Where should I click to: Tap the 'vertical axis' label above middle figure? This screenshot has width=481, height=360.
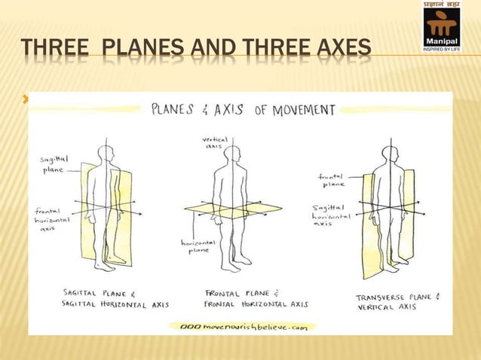coord(215,143)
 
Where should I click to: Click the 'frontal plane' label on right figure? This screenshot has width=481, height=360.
coord(332,179)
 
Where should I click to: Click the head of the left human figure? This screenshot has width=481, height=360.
coord(108,153)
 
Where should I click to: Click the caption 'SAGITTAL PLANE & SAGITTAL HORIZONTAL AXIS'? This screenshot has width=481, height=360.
coord(114,299)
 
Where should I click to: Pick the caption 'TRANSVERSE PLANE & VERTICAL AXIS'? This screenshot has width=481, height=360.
coord(394,302)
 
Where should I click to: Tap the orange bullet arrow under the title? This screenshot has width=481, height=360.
coord(25,98)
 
